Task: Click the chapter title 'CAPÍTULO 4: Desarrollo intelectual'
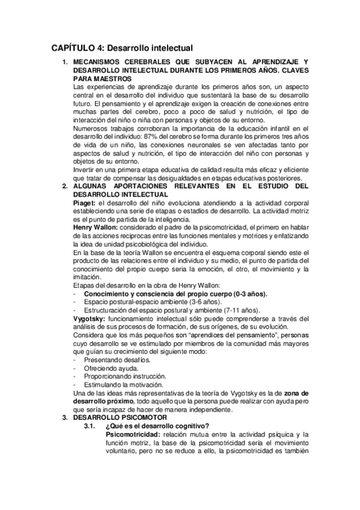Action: click(121, 48)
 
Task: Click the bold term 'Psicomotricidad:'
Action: click(133, 434)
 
